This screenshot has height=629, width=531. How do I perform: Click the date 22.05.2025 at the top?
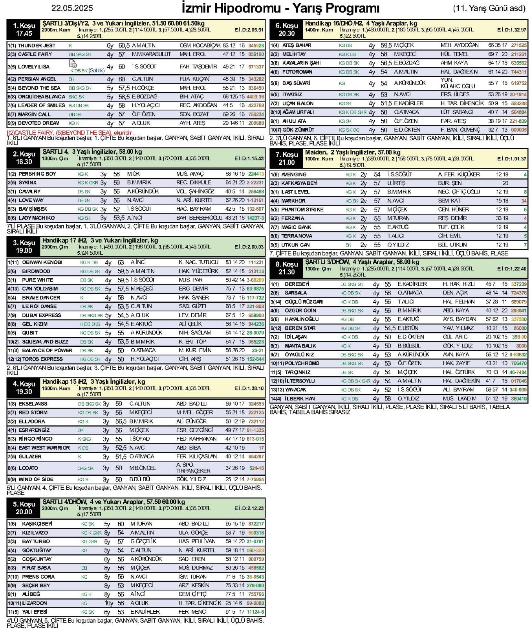pyautogui.click(x=72, y=8)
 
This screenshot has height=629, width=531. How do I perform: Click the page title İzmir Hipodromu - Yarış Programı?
pyautogui.click(x=280, y=8)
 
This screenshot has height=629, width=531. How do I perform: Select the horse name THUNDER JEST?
pyautogui.click(x=37, y=46)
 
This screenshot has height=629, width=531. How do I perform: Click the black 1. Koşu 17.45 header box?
pyautogui.click(x=24, y=29)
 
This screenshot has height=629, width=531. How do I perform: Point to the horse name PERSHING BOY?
pyautogui.click(x=37, y=174)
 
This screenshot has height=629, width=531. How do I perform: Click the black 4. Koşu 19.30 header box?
pyautogui.click(x=24, y=388)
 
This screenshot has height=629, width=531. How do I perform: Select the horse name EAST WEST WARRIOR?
pyautogui.click(x=44, y=448)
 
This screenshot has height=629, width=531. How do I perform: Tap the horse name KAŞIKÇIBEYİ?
pyautogui.click(x=37, y=524)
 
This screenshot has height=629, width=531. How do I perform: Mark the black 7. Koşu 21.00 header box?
pyautogui.click(x=286, y=158)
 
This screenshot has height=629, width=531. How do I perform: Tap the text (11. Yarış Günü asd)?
pyautogui.click(x=489, y=8)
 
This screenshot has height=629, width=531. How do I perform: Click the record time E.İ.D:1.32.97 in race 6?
pyautogui.click(x=511, y=30)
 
